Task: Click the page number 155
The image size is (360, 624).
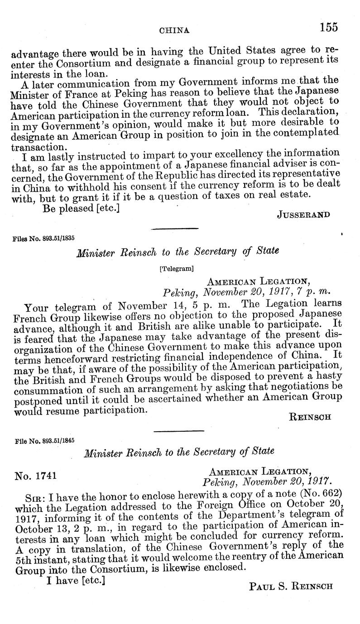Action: point(328,27)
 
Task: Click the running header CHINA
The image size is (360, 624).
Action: point(174,30)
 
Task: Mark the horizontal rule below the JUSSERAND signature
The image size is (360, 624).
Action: point(175,229)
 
